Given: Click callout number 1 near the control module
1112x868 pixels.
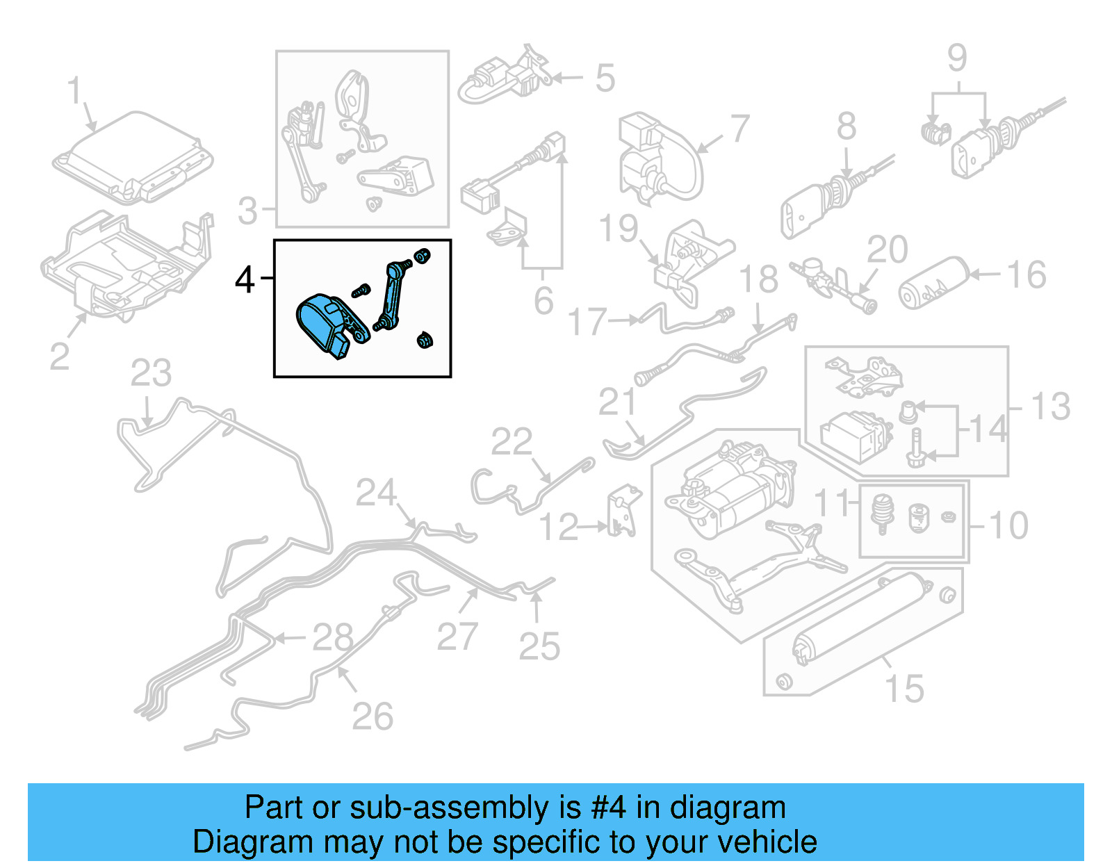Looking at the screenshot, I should [x=75, y=92].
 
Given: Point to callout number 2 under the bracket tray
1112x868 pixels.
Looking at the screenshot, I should [x=60, y=356].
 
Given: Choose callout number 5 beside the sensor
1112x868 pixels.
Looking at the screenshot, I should [x=605, y=78].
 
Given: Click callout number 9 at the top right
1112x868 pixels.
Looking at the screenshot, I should [x=957, y=58].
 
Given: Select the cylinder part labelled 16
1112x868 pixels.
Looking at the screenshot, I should [x=933, y=284].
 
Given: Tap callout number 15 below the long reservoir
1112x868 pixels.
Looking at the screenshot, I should [x=904, y=689].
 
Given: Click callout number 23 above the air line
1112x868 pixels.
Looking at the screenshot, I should [x=151, y=373].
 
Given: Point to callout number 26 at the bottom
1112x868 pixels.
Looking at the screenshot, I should [x=373, y=716].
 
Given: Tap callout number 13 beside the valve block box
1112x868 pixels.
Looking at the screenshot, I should [x=1050, y=407].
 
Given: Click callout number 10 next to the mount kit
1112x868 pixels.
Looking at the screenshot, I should [x=1008, y=525].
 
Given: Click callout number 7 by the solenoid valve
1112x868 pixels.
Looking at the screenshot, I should [x=740, y=129].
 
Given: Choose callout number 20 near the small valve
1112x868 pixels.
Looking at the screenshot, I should [x=888, y=249].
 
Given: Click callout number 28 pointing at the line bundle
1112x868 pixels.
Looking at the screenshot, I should [x=332, y=637].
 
